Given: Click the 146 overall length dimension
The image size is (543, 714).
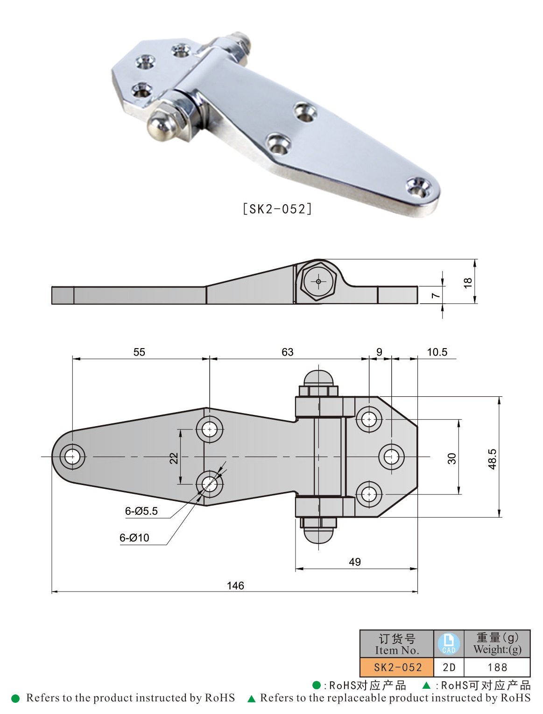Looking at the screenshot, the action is click(235, 585).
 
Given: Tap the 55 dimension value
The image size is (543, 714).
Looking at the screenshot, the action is click(139, 352).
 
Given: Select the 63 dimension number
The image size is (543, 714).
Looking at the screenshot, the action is click(287, 352).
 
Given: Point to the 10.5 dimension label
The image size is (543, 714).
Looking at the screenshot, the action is click(437, 352).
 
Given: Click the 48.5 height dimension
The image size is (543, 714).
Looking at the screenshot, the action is click(492, 459).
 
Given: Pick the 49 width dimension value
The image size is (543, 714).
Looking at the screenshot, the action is click(354, 562).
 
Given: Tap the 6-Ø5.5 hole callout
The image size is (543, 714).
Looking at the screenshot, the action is click(141, 511).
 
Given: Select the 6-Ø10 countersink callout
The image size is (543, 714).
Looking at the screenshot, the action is click(134, 537).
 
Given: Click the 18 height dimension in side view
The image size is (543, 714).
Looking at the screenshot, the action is click(467, 283).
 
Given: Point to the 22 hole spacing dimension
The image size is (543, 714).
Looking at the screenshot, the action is click(174, 458).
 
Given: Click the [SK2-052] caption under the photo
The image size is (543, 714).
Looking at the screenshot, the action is click(277, 208).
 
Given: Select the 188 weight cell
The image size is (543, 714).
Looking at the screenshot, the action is click(497, 667).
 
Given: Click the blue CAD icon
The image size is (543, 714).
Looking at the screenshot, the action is click(448, 643).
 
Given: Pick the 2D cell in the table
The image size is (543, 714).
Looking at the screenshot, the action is click(449, 667).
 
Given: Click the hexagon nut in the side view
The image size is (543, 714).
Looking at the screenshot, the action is click(318, 281).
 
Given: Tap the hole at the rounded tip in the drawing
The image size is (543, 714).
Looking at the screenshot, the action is click(72, 457).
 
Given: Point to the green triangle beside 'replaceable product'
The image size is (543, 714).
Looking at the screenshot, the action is click(251, 699).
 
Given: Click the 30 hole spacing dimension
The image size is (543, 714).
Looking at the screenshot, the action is click(451, 458).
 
